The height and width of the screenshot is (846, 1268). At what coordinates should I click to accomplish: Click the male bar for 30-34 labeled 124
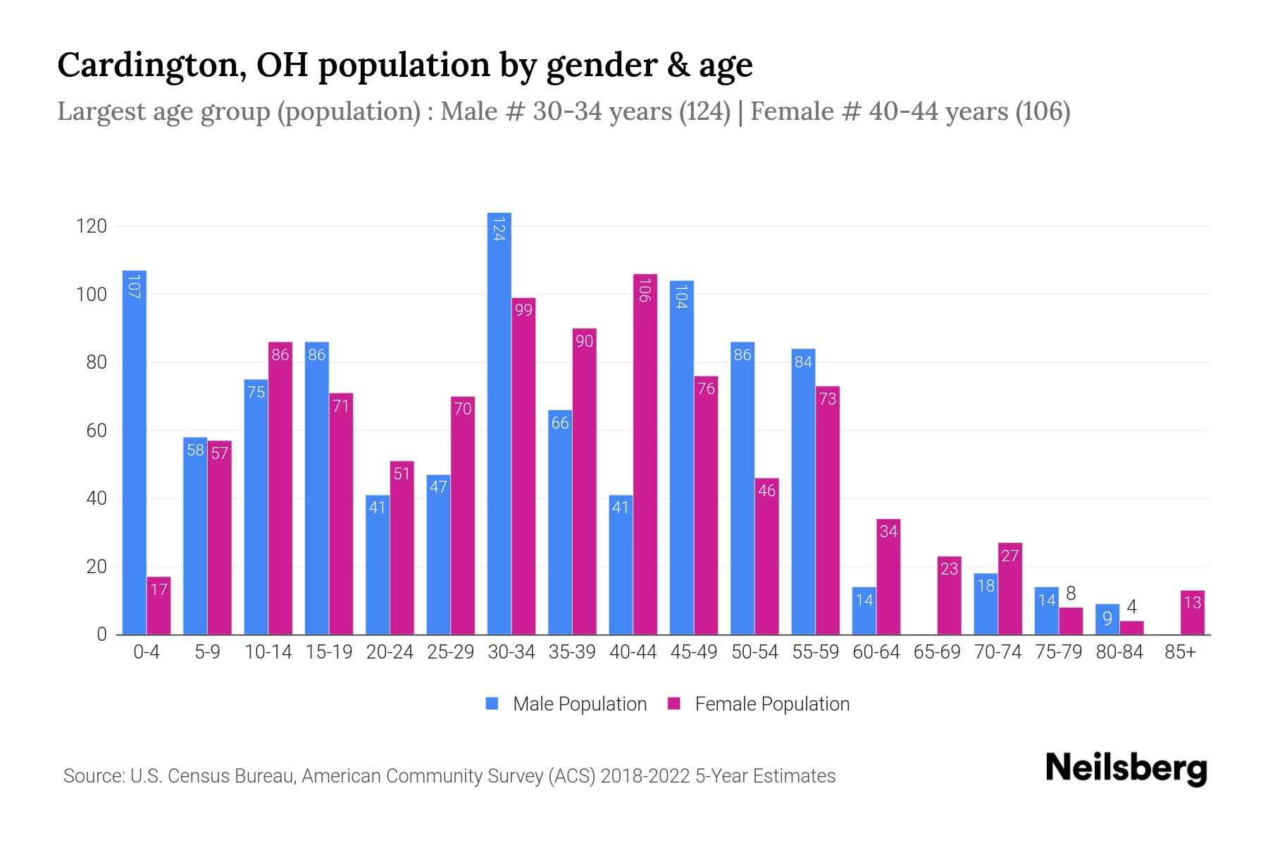(x=499, y=423)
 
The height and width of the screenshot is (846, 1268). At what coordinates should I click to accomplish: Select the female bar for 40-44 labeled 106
(x=645, y=454)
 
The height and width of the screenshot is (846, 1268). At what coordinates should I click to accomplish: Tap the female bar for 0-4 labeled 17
(x=158, y=606)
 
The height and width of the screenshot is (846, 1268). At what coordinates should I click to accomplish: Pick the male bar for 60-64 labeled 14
(x=864, y=611)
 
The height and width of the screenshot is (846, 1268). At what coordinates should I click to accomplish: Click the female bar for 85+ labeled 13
(x=1192, y=613)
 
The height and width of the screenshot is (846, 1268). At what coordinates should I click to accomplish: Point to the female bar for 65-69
(x=949, y=596)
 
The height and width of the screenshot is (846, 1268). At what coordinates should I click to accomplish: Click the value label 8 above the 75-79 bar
(x=1071, y=594)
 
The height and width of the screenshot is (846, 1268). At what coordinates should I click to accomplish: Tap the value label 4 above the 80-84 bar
(x=1131, y=607)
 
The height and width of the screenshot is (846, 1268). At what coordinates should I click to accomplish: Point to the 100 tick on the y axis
(x=91, y=295)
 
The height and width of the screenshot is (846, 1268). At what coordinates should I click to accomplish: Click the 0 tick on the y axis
(x=101, y=634)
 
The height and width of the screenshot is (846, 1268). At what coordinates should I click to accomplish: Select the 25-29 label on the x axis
(x=451, y=652)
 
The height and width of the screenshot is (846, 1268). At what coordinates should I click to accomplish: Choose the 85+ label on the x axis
(x=1180, y=652)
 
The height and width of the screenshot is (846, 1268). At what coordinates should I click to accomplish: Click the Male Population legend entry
(x=579, y=704)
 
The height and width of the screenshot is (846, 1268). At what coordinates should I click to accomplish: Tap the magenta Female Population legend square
(x=675, y=704)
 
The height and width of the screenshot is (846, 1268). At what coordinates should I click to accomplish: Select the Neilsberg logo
(x=1126, y=768)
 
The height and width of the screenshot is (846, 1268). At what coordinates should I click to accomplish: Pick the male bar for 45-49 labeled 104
(x=681, y=458)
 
